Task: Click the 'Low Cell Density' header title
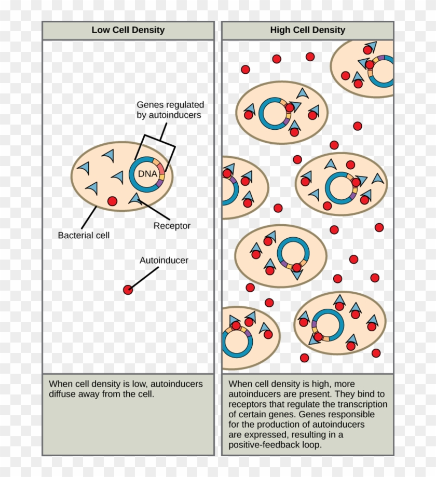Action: [128, 30]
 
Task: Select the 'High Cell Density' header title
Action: [307, 30]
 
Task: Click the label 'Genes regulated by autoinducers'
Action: [169, 110]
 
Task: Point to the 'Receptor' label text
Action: [172, 226]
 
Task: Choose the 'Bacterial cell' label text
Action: [84, 235]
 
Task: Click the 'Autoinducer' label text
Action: [163, 261]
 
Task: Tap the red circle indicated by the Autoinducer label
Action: [128, 290]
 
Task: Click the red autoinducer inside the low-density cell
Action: [112, 200]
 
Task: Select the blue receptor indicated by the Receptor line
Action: [135, 197]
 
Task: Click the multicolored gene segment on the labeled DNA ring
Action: [161, 175]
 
